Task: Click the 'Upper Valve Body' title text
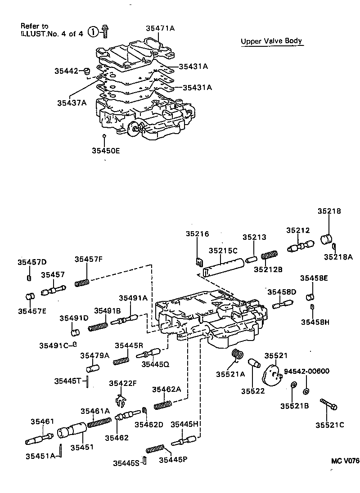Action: tap(271, 41)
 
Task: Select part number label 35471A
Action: tap(160, 28)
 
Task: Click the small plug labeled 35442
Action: tap(88, 71)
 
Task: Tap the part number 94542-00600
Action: tap(306, 371)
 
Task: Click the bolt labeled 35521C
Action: tap(328, 403)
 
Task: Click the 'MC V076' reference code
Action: tap(345, 461)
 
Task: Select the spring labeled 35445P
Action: tap(156, 448)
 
